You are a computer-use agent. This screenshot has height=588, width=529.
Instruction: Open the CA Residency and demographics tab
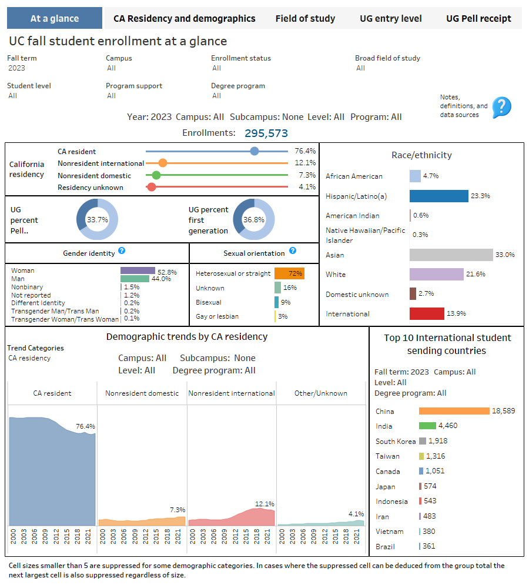coord(184,18)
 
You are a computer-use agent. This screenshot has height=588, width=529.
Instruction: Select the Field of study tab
coord(305,18)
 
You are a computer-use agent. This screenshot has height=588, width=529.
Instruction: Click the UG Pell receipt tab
coord(478,18)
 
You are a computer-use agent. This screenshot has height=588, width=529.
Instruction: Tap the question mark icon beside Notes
coord(501,107)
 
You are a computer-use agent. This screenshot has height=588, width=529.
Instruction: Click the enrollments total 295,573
coord(266,133)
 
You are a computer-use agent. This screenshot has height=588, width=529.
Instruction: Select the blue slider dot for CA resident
coord(254,151)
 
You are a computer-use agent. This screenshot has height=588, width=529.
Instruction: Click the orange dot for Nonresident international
coord(163,163)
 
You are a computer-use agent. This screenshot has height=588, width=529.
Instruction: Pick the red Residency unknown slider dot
coord(151,187)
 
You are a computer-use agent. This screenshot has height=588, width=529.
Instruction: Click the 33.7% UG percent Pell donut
coord(97,219)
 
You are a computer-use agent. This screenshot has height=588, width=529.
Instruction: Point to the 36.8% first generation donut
coord(253,219)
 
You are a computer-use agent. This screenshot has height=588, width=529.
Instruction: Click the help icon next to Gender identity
coord(122,250)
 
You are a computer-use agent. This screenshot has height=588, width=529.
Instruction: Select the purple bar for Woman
coord(138,270)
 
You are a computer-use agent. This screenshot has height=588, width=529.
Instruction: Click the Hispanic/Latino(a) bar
coord(438,196)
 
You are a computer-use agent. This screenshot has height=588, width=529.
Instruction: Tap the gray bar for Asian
coord(451,255)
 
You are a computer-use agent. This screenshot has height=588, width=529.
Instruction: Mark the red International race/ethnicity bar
coord(427,313)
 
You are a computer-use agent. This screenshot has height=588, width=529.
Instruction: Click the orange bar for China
coord(454,411)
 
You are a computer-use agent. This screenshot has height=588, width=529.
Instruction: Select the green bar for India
coord(427,426)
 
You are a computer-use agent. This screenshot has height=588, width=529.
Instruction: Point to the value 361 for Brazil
coord(429,546)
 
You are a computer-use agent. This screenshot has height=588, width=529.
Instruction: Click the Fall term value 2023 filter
coord(17,68)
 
